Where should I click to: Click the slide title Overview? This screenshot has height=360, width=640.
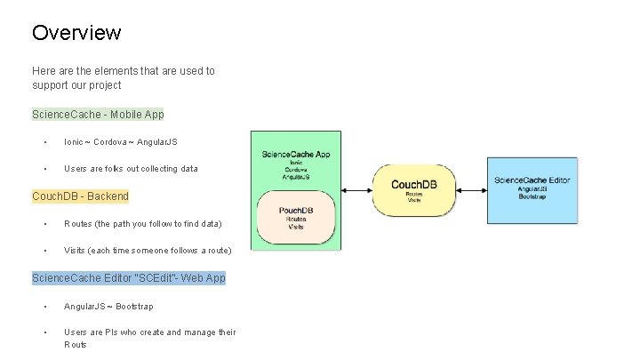click(76, 33)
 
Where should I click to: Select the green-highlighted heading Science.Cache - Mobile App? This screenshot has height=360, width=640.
click(98, 115)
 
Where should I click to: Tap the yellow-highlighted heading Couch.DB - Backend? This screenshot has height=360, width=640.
click(80, 196)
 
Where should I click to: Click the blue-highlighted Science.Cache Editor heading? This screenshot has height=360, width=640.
click(128, 278)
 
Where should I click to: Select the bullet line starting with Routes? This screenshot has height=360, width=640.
click(142, 223)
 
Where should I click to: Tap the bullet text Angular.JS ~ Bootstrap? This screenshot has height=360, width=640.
click(108, 306)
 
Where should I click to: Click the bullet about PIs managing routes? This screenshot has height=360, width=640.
click(149, 332)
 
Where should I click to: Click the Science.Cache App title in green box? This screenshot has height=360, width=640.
click(297, 154)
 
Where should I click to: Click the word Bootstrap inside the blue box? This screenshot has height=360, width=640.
click(532, 195)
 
